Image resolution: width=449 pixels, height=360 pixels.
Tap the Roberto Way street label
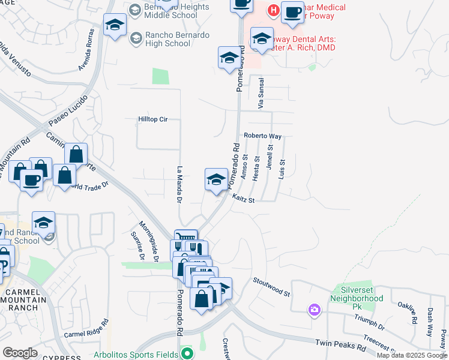262,136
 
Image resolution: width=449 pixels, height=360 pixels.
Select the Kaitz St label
243,199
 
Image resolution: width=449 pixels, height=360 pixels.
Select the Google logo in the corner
20,353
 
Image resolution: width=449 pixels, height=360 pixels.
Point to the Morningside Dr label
148,243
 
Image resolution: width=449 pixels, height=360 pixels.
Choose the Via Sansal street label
261,95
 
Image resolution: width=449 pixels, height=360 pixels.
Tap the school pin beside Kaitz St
216,179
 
